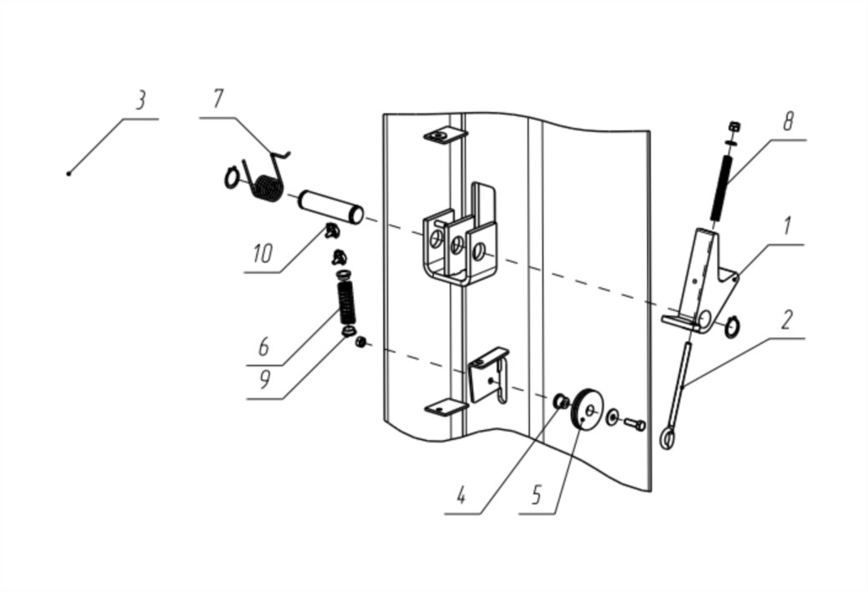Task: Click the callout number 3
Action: pyautogui.click(x=140, y=101)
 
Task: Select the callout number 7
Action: pyautogui.click(x=218, y=99)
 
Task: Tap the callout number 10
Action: pyautogui.click(x=263, y=254)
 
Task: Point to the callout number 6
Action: pyautogui.click(x=264, y=347)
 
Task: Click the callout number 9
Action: pyautogui.click(x=265, y=379)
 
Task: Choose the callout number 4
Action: pyautogui.click(x=461, y=495)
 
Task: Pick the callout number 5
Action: pyautogui.click(x=535, y=494)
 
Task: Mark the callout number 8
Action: pyautogui.click(x=788, y=121)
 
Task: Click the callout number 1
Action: pyautogui.click(x=785, y=226)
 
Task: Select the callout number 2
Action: pyautogui.click(x=786, y=320)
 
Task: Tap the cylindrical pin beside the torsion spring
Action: pyautogui.click(x=331, y=206)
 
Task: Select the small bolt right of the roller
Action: pyautogui.click(x=634, y=424)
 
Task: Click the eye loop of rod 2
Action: pyautogui.click(x=668, y=440)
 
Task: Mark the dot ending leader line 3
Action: pyautogui.click(x=68, y=174)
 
